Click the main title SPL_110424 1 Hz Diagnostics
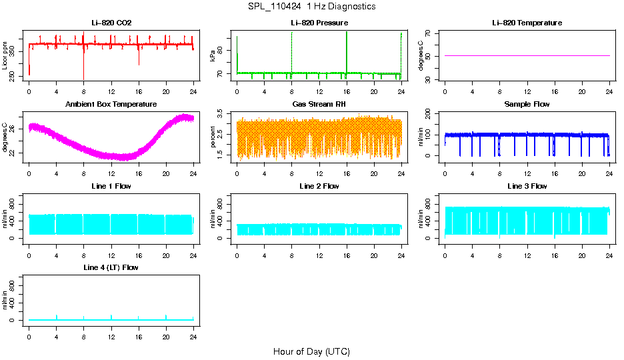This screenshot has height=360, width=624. click(x=311, y=7)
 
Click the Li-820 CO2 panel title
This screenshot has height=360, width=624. click(x=111, y=23)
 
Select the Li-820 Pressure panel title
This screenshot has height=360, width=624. click(x=319, y=23)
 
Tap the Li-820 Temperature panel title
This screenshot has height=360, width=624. click(x=527, y=23)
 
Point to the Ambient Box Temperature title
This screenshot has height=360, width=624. click(x=111, y=105)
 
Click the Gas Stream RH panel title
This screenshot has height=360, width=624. click(x=319, y=105)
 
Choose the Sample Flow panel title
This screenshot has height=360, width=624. click(x=527, y=105)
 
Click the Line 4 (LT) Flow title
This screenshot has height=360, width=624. click(x=111, y=267)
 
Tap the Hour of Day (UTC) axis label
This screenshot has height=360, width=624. click(x=311, y=351)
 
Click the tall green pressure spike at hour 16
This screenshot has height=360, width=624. click(x=347, y=50)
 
